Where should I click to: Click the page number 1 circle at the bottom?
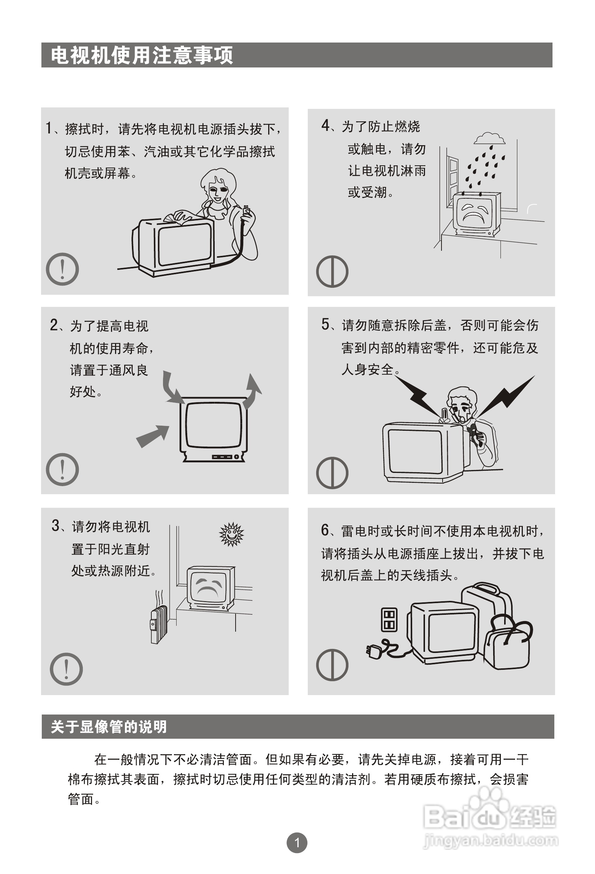297,842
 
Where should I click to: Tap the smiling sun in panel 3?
232,534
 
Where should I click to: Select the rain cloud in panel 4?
489,139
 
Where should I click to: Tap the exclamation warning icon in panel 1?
62,269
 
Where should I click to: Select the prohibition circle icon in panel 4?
332,272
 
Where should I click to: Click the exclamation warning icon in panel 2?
62,469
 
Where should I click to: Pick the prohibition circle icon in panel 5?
332,473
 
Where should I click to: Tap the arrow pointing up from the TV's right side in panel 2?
252,391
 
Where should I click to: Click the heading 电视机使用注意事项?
142,55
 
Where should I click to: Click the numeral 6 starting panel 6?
325,530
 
